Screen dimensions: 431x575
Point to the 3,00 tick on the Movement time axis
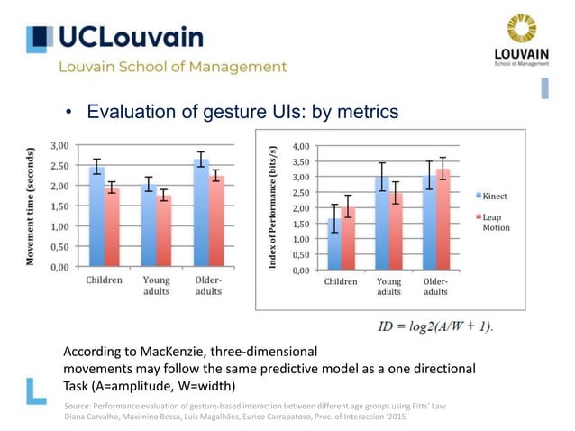pyautogui.click(x=60, y=145)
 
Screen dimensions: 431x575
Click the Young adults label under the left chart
pyautogui.click(x=156, y=287)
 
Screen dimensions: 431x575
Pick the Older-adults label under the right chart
pyautogui.click(x=436, y=287)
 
